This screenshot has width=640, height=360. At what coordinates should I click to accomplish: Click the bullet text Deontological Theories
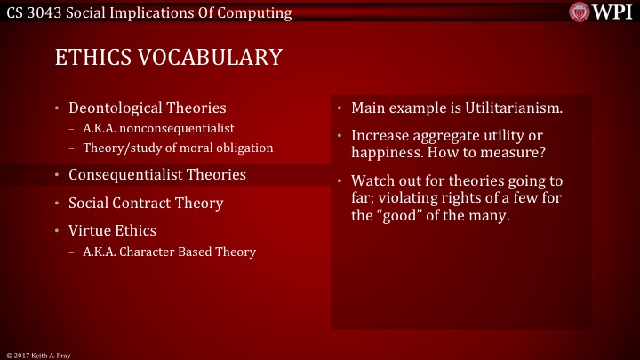click(x=147, y=108)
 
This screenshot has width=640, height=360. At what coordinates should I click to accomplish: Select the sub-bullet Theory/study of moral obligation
click(x=178, y=147)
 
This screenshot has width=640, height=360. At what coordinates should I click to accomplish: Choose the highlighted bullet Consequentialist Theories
click(x=156, y=174)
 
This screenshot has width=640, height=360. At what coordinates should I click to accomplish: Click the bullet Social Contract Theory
click(x=146, y=203)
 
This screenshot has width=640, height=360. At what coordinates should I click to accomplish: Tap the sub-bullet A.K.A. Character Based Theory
click(x=169, y=252)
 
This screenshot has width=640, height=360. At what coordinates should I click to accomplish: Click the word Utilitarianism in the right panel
click(x=509, y=108)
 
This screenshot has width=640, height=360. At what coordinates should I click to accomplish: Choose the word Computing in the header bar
click(x=257, y=12)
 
